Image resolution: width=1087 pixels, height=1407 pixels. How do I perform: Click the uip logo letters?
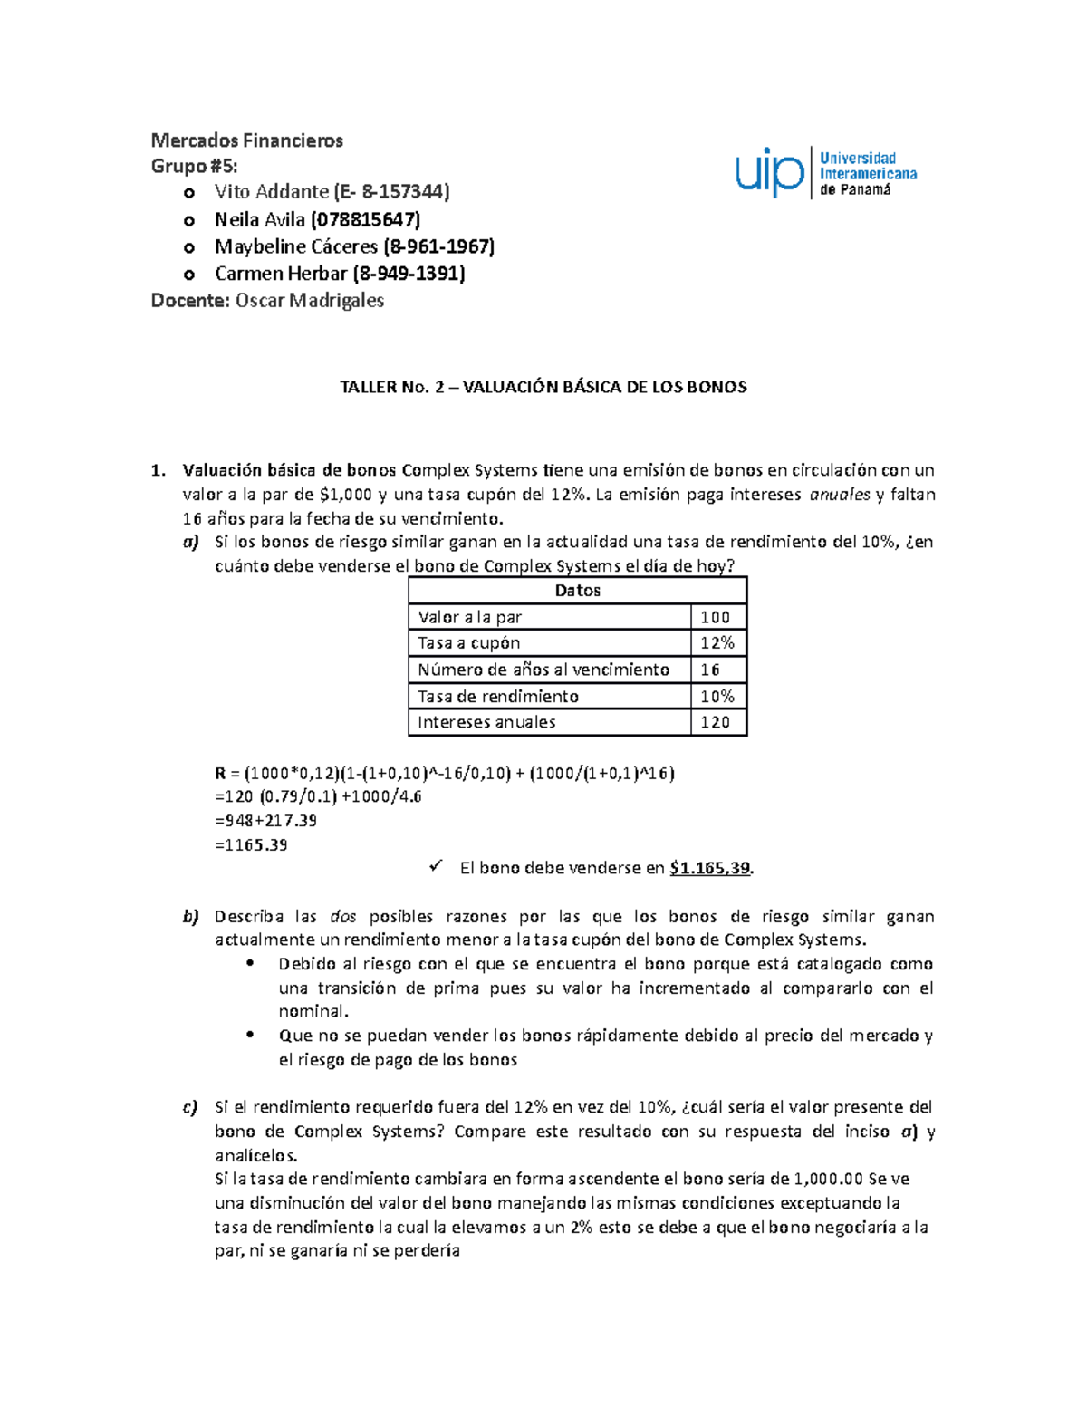(x=769, y=173)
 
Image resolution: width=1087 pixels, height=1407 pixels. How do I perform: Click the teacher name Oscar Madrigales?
(x=309, y=301)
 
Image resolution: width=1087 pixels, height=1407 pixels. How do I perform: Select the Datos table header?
(x=577, y=591)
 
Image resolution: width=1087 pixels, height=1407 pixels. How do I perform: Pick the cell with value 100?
(x=715, y=617)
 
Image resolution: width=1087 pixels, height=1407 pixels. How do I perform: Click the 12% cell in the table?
(x=717, y=643)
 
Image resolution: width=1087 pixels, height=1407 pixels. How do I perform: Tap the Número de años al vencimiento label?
(x=543, y=670)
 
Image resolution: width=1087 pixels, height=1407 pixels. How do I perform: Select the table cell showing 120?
(x=715, y=722)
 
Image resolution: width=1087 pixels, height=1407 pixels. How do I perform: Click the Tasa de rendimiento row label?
(x=497, y=696)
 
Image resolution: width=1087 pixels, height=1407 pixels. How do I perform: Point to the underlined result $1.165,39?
(x=710, y=868)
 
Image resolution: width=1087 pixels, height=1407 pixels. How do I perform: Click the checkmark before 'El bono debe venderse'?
(x=436, y=867)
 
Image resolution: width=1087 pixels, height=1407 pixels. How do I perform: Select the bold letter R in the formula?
(x=220, y=774)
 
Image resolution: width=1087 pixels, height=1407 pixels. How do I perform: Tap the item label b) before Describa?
(x=190, y=917)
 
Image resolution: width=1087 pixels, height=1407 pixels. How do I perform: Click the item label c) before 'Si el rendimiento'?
(x=189, y=1107)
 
